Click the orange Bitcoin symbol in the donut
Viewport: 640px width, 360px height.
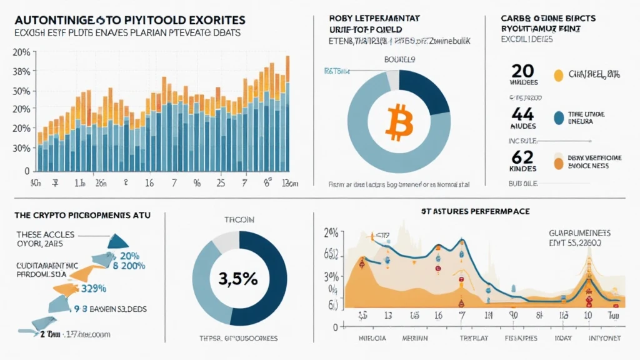[397, 122]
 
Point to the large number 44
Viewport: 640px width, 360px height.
[523, 114]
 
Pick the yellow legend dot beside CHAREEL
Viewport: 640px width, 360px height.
[559, 76]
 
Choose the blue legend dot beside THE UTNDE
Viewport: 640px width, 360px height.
[559, 116]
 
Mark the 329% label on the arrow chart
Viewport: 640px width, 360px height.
[94, 288]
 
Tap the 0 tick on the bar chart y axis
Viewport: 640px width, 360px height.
[27, 170]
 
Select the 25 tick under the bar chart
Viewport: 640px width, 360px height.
[220, 184]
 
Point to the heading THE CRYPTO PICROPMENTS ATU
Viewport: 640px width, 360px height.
[78, 214]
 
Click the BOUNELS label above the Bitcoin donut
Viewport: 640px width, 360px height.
[397, 60]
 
